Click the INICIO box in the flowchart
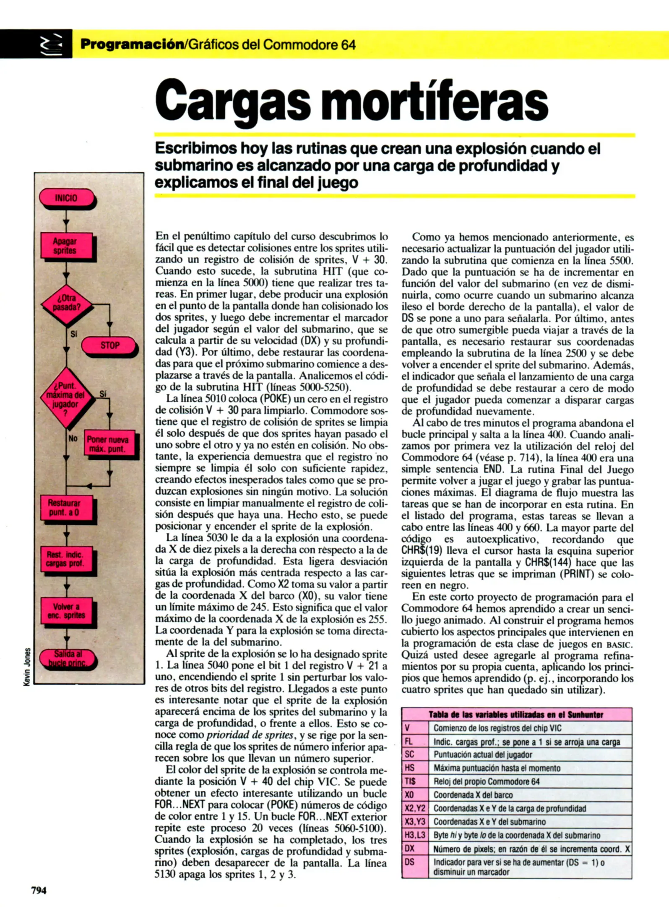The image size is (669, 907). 66,198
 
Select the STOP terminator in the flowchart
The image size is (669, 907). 109,346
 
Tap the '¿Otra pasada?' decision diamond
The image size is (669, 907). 66,303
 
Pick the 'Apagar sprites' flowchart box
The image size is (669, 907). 65,246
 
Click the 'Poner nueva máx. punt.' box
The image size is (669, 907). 108,444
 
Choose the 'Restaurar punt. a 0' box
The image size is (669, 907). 65,508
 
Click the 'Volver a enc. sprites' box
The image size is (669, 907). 66,611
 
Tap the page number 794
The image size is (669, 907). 39,890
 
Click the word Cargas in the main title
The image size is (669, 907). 233,102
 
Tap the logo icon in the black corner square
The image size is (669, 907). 51,45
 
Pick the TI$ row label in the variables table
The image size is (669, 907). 410,781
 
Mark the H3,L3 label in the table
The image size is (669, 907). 415,835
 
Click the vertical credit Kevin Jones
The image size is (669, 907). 27,667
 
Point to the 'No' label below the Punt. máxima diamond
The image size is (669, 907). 73,438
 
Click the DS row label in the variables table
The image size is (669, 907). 410,862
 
